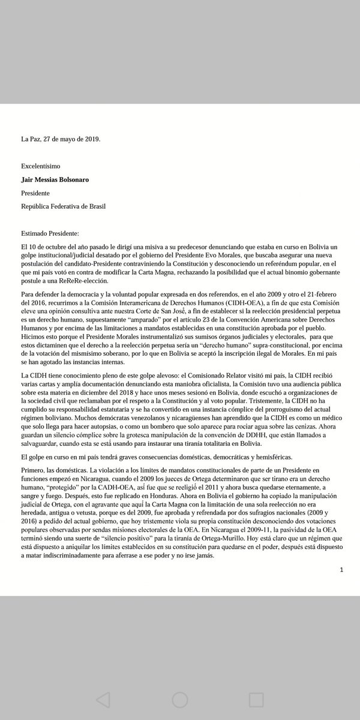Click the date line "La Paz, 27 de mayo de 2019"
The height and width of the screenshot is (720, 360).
[x=61, y=139]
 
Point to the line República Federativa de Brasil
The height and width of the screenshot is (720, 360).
[x=65, y=207]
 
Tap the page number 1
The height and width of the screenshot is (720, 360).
[x=341, y=569]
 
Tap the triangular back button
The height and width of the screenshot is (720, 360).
[x=103, y=699]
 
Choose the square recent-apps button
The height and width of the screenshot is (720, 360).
[x=256, y=699]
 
